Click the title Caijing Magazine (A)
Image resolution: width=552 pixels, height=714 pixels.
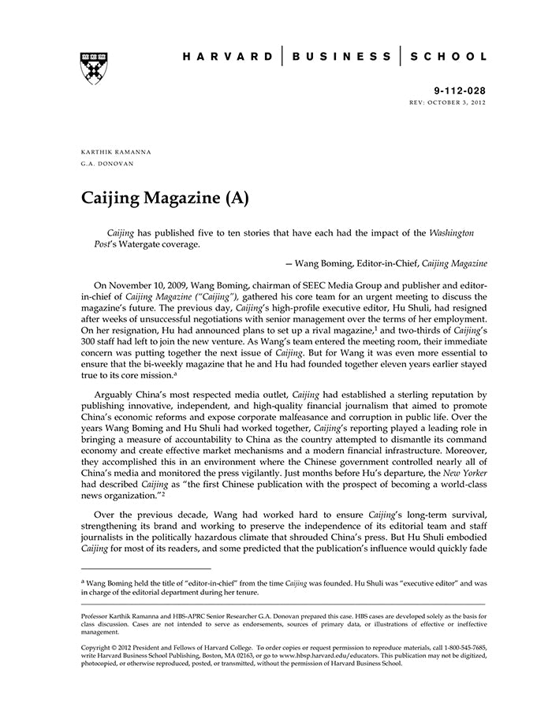pyautogui.click(x=165, y=198)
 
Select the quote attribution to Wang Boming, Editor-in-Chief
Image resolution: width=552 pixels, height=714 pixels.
pyautogui.click(x=386, y=262)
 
